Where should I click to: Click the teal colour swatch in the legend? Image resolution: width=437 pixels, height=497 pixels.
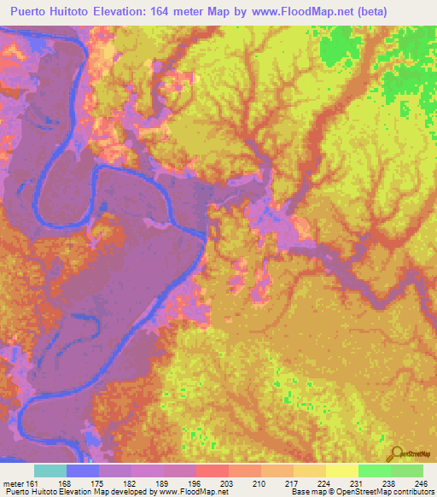[50, 471]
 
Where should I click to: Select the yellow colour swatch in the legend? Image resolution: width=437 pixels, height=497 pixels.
[341, 471]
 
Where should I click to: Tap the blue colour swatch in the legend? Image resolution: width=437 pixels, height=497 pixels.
[83, 471]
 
